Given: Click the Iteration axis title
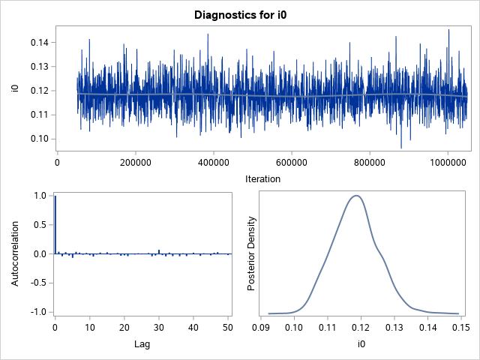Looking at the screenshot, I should (263, 178).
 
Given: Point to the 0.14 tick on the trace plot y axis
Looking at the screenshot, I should (38, 43).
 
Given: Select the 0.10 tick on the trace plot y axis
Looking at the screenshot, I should (38, 139).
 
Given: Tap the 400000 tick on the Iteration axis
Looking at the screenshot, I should (214, 160).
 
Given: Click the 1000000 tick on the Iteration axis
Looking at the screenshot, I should (448, 160).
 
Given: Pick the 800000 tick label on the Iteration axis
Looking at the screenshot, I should (370, 160).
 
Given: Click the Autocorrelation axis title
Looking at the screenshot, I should (15, 253).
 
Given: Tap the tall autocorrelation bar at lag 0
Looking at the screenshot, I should (55, 225).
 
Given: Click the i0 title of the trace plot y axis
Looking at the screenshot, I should (15, 90).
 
